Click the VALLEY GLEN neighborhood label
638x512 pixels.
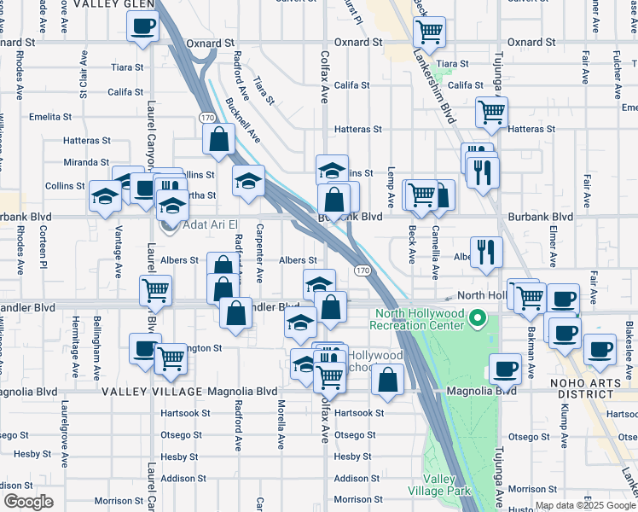pyautogui.click(x=116, y=4)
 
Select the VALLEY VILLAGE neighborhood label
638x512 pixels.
pyautogui.click(x=152, y=392)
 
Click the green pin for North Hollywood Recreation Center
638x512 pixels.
pyautogui.click(x=478, y=320)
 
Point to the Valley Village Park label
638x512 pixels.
pyautogui.click(x=445, y=485)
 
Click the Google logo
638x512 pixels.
pyautogui.click(x=27, y=502)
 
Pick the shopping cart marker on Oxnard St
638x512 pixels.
pyautogui.click(x=429, y=32)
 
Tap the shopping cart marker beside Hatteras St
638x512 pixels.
pyautogui.click(x=491, y=111)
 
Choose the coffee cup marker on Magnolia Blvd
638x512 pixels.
pyautogui.click(x=506, y=369)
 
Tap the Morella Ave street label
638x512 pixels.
pyautogui.click(x=280, y=424)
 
